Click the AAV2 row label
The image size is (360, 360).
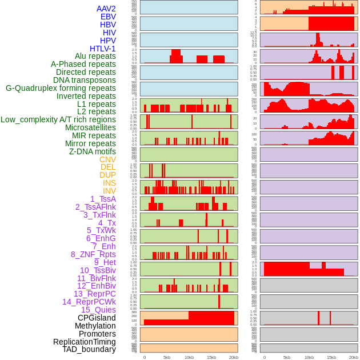pos(106,9)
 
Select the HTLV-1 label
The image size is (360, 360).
pos(103,49)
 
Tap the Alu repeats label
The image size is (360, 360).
pos(95,56)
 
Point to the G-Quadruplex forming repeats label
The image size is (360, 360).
pos(61,88)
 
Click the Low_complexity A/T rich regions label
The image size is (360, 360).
pos(58,119)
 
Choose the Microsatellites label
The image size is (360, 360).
pos(90,127)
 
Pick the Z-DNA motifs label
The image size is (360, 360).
pos(93,151)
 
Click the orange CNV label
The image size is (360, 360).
pos(107,159)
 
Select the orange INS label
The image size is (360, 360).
pos(109,183)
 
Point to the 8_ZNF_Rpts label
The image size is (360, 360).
pos(93,254)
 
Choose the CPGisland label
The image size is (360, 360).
pos(97,318)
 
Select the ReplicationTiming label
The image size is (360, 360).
pos(84,342)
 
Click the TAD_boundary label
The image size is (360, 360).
pos(89,349)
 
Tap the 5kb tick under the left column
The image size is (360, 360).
pos(167,357)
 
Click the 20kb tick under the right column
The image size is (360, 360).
pos(354,357)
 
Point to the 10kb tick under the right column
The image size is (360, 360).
pos(309,357)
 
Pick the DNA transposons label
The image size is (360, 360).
pos(85,80)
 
